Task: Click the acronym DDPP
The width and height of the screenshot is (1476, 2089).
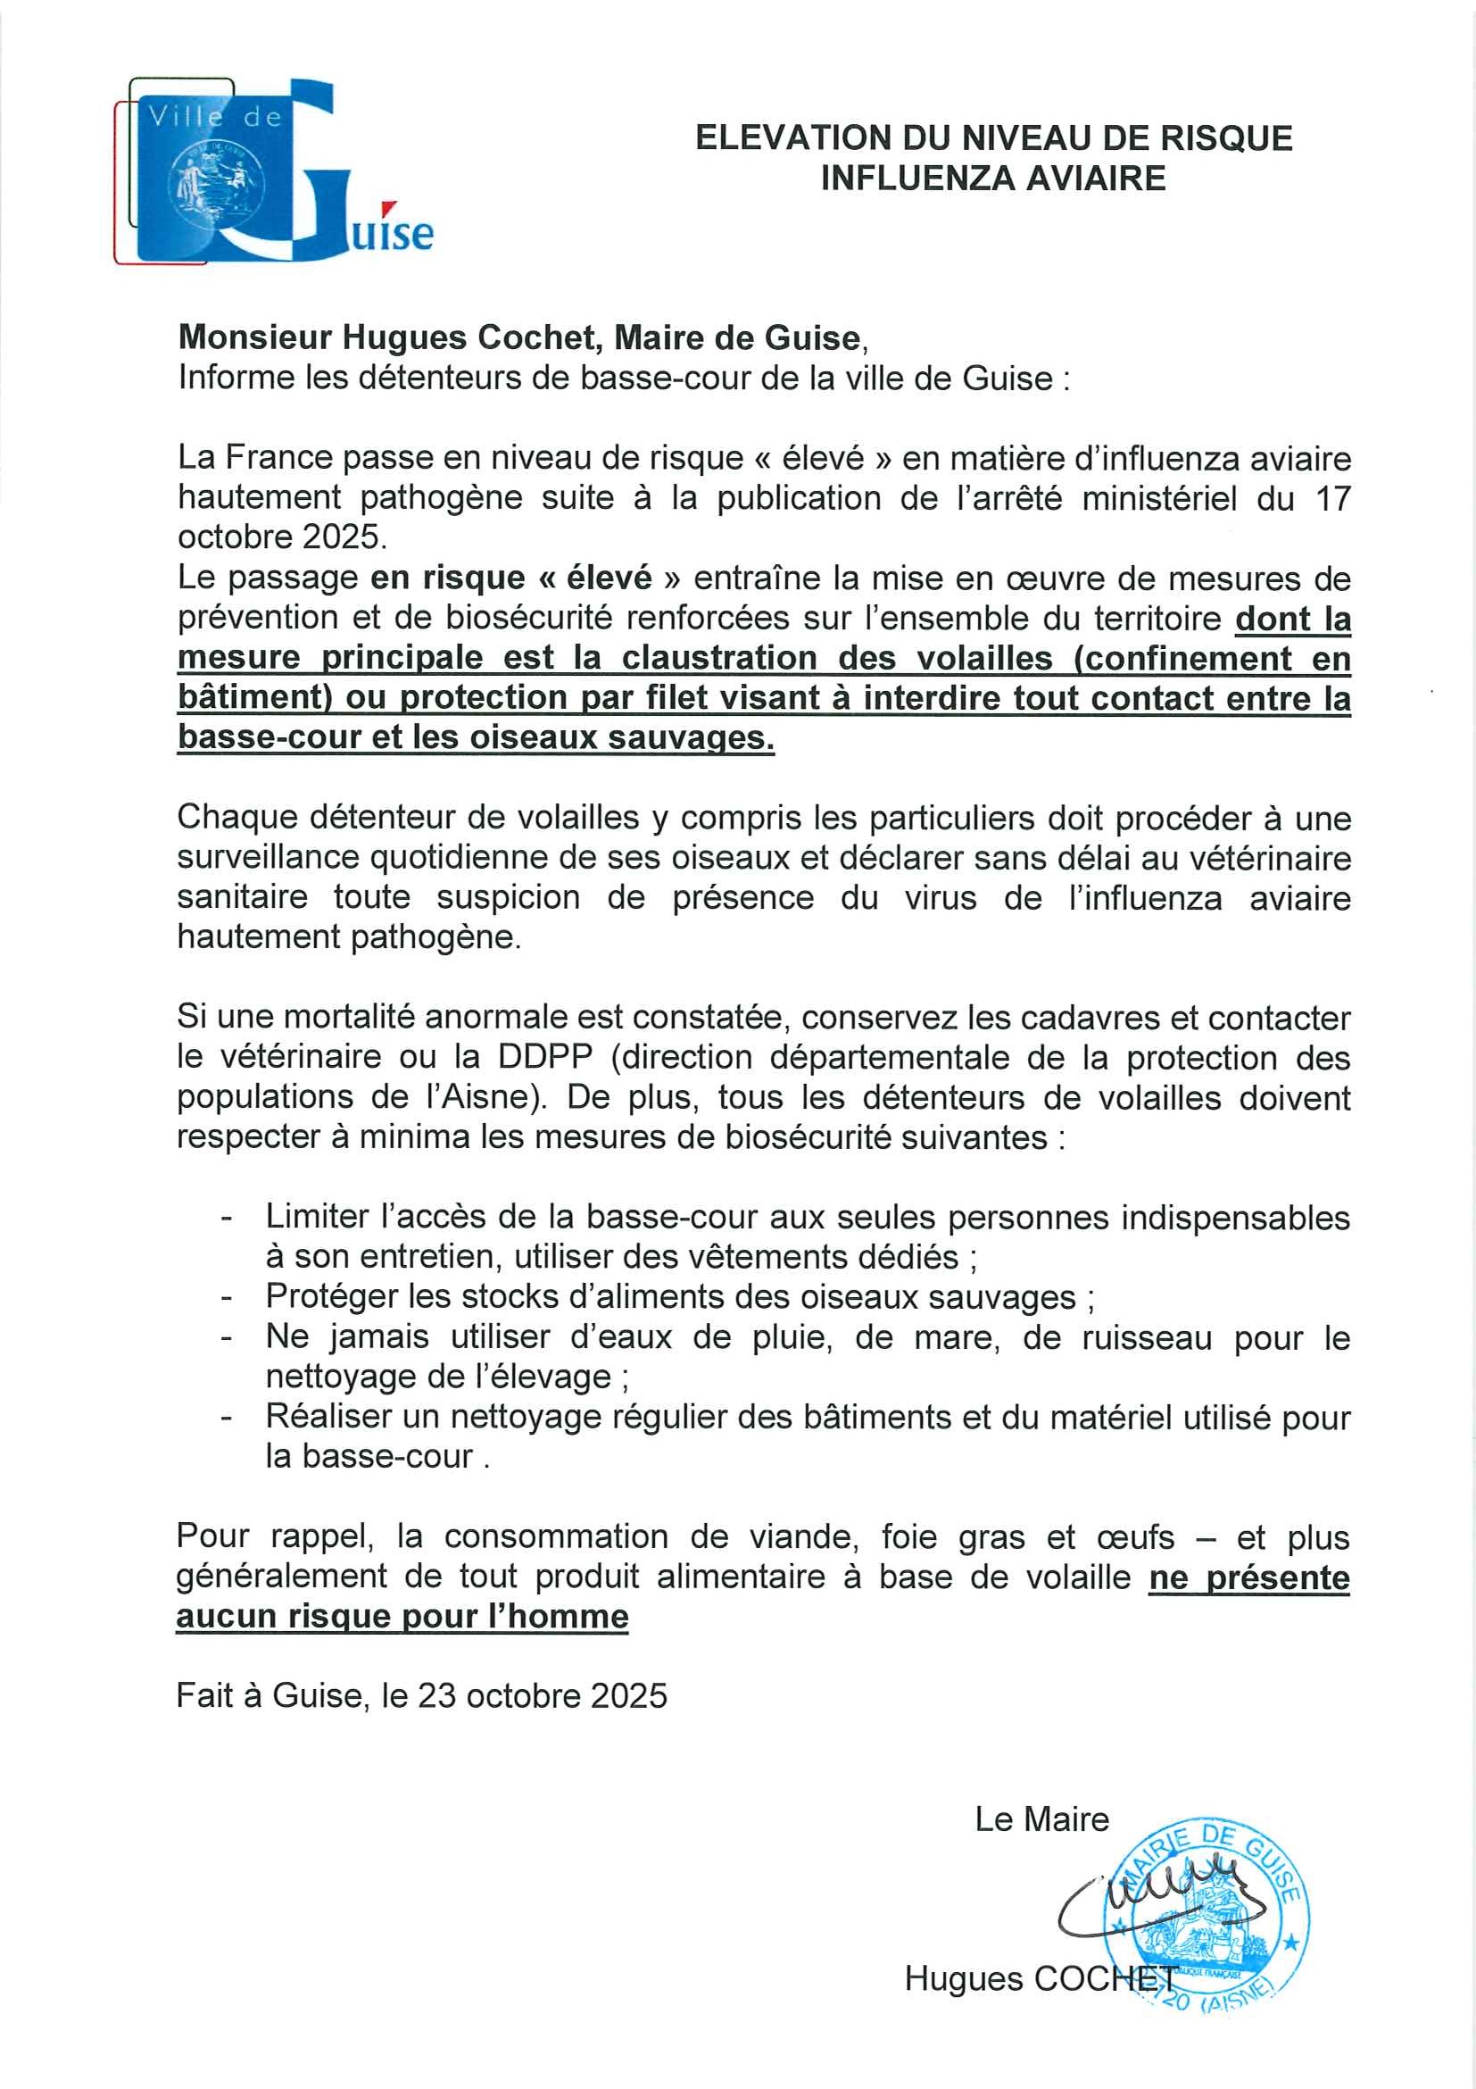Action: click(x=544, y=1057)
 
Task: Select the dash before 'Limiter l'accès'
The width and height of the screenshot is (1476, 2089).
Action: click(x=227, y=1218)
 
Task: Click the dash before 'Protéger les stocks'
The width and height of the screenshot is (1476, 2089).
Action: click(x=227, y=1296)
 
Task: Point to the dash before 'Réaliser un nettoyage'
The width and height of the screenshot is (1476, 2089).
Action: click(x=227, y=1417)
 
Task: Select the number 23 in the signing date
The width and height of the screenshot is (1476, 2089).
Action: click(x=436, y=1696)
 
